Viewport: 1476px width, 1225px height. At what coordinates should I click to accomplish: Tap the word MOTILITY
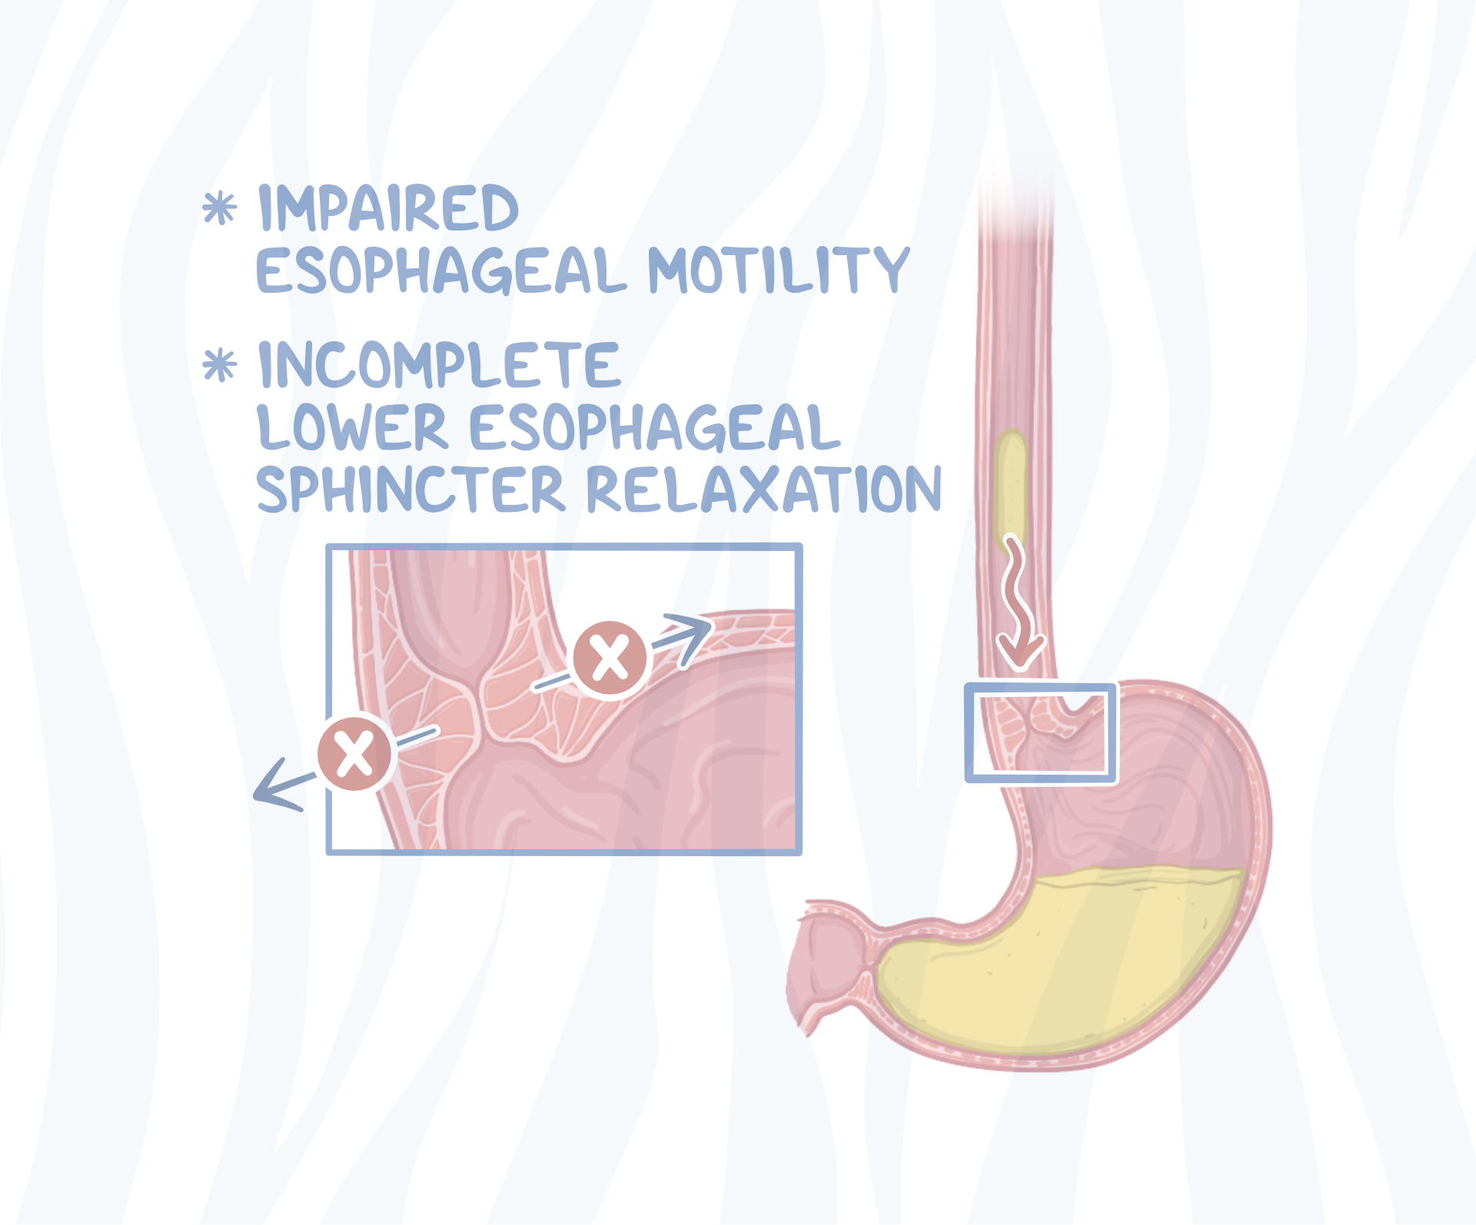click(x=778, y=270)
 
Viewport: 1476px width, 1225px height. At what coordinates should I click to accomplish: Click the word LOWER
click(x=352, y=427)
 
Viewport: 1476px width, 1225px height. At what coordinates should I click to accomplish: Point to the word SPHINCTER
click(x=411, y=489)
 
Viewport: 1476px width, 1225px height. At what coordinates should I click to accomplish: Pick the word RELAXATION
click(x=764, y=489)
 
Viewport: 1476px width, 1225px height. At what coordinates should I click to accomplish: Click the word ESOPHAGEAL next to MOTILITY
click(x=441, y=271)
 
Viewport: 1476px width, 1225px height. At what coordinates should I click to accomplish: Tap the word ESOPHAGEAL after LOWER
click(x=654, y=427)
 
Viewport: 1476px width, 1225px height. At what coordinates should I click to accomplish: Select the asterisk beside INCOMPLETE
click(x=220, y=364)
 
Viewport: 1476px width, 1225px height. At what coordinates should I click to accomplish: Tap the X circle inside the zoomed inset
click(x=610, y=659)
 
